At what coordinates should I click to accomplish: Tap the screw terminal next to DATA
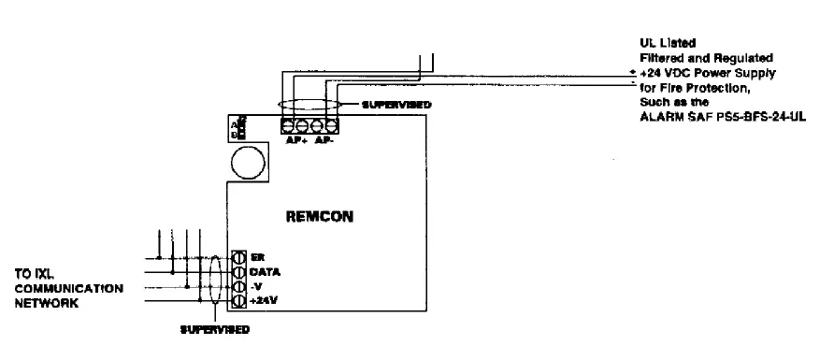click(237, 271)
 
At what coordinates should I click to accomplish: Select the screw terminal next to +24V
click(237, 301)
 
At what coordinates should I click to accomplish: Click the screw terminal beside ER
click(237, 256)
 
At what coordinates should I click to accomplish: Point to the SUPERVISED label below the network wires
click(214, 329)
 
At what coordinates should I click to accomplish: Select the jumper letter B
click(233, 135)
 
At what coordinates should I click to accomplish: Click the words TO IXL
click(34, 275)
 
